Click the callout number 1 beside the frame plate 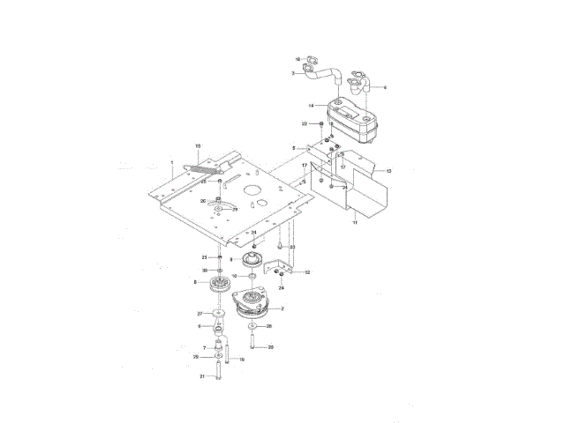click(171, 163)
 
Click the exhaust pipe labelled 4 click(362, 84)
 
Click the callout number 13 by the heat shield click(388, 170)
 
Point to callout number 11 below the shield click(356, 225)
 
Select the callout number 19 click(242, 360)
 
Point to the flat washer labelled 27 click(217, 314)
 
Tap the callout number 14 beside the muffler click(312, 106)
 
